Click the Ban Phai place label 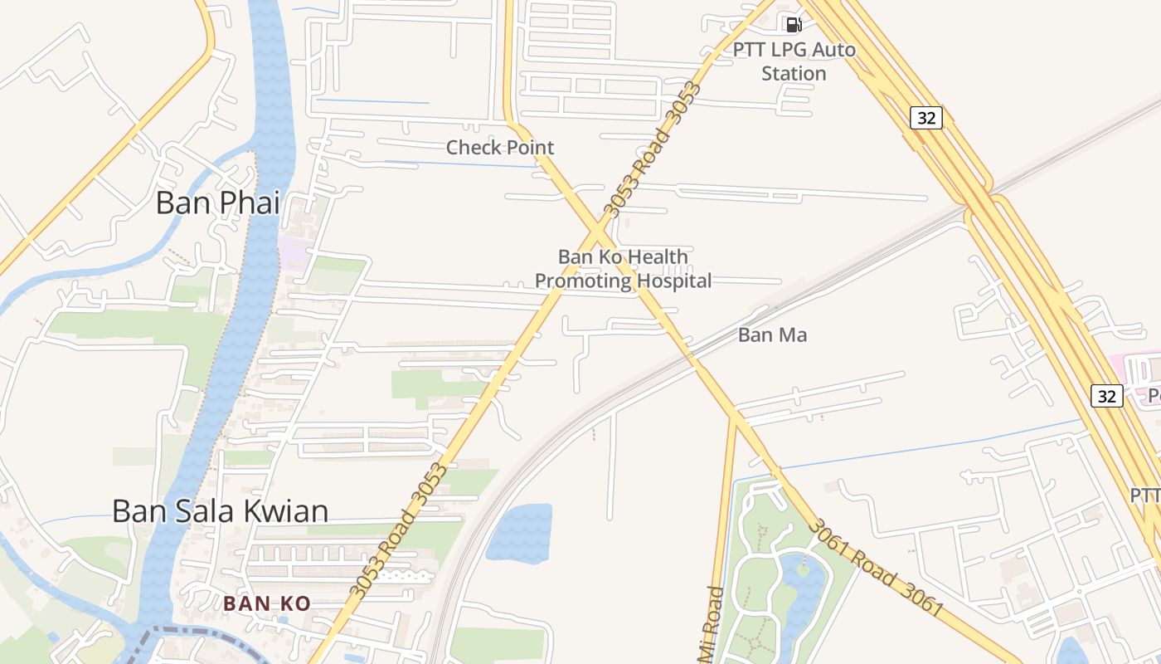coord(217,203)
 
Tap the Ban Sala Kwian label coord(220,511)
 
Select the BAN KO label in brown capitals coord(266,604)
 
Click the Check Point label coord(500,148)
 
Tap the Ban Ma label coord(772,335)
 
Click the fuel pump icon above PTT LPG coord(794,25)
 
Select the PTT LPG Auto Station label coord(794,61)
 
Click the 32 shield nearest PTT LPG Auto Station coord(926,118)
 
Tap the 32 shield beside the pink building coord(1106,396)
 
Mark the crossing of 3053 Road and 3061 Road coord(598,227)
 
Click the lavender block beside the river coord(294,251)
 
